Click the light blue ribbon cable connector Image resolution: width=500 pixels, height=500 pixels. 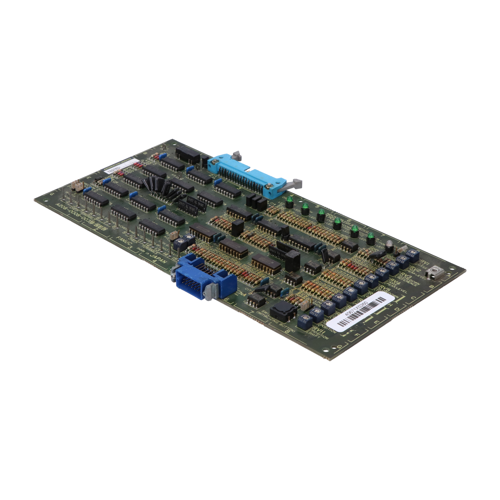click(247, 173)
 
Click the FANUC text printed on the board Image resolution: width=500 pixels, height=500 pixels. click(124, 243)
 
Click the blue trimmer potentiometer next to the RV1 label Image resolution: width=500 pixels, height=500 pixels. click(413, 255)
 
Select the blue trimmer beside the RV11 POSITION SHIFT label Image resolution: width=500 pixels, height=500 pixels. click(305, 322)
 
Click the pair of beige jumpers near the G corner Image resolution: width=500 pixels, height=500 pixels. click(77, 186)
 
